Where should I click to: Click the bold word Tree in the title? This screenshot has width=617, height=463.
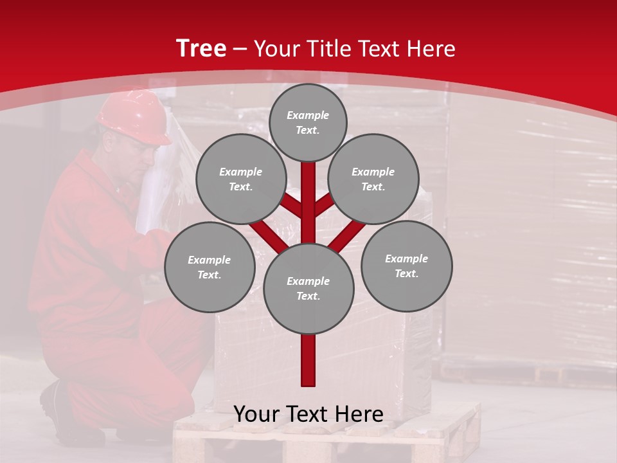[x=201, y=49]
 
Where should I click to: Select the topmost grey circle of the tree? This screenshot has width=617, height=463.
[x=308, y=122]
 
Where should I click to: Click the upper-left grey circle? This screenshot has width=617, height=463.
[x=241, y=179]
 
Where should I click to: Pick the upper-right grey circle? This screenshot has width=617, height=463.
[x=373, y=179]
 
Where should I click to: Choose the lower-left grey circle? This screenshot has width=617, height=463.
[x=210, y=268]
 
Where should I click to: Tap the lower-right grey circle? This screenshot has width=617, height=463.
[x=406, y=266]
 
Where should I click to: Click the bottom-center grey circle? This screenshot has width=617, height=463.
[x=308, y=289]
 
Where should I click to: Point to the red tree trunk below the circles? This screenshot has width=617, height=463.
[x=308, y=360]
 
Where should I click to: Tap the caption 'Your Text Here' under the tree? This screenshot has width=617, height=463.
[x=308, y=414]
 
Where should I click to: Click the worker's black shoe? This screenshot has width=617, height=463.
[x=58, y=412]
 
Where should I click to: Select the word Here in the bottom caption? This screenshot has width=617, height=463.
[x=358, y=414]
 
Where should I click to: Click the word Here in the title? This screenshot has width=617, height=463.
[x=430, y=49]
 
